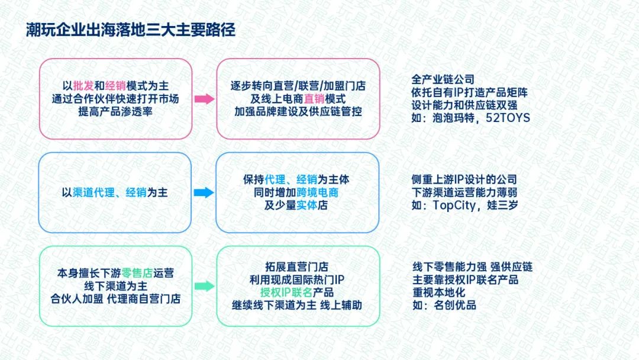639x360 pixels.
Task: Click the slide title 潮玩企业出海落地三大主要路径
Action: [130, 30]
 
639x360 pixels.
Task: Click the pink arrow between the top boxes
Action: [204, 99]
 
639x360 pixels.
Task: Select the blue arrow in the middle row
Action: [204, 192]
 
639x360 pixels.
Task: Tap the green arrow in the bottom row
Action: [204, 286]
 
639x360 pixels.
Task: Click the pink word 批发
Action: [83, 86]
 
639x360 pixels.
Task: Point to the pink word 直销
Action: [314, 99]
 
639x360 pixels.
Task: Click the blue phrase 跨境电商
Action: [318, 192]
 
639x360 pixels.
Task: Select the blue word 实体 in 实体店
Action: [307, 205]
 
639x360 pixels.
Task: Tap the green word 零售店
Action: [137, 273]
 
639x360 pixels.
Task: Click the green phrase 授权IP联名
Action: [286, 292]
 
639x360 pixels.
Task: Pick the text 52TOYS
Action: [508, 118]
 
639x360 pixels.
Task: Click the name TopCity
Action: [454, 205]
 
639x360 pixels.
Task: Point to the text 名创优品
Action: [455, 305]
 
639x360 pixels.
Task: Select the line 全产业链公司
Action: [443, 79]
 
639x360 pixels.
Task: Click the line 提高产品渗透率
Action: [115, 111]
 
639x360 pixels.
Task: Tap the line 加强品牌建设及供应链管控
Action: [298, 111]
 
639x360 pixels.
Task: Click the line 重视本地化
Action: [439, 292]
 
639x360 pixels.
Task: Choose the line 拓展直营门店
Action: [296, 267]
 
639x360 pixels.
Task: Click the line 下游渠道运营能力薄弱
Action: [464, 192]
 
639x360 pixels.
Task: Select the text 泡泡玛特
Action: [453, 118]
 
